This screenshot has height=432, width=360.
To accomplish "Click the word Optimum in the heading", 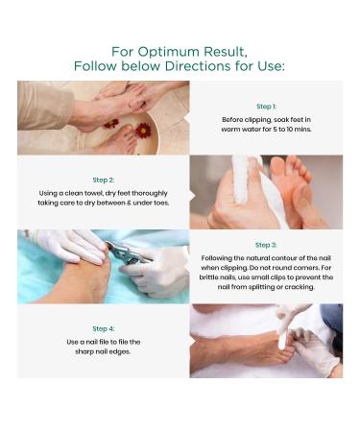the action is (169, 52).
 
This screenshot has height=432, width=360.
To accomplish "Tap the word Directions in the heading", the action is (198, 66).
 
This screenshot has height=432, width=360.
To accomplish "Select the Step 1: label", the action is (266, 107).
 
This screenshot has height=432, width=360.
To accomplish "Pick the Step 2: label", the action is (104, 180).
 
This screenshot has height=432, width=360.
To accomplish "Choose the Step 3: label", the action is (266, 245).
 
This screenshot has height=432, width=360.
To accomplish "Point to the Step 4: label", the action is (104, 328).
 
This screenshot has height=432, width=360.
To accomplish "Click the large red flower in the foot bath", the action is (143, 131).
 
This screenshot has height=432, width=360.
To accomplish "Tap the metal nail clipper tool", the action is (127, 253).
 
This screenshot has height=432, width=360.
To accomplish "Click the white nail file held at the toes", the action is (283, 336).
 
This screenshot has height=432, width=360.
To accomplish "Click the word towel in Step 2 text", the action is (92, 193).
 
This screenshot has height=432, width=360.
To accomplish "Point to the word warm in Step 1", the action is (229, 130).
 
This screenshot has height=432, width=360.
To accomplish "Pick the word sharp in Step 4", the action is (84, 352).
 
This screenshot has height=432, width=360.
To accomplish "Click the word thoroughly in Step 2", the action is (150, 194).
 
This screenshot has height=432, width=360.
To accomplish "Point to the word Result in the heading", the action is (226, 52).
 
